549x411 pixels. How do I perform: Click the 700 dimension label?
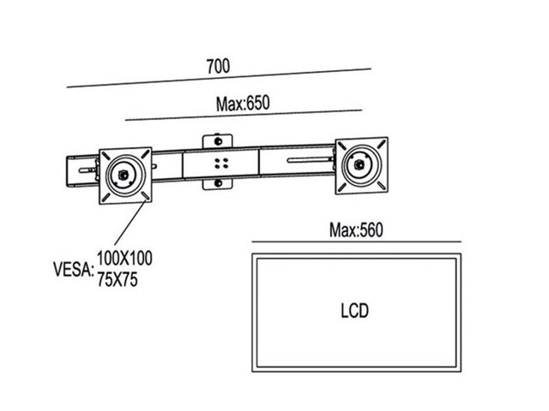[218, 65]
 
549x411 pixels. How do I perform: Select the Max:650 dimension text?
[243, 104]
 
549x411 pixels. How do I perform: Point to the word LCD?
[353, 310]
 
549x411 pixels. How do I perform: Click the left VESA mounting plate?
[128, 176]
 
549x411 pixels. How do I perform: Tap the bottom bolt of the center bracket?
[219, 182]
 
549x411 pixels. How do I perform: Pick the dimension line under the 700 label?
[218, 78]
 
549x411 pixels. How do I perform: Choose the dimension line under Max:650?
[243, 113]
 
